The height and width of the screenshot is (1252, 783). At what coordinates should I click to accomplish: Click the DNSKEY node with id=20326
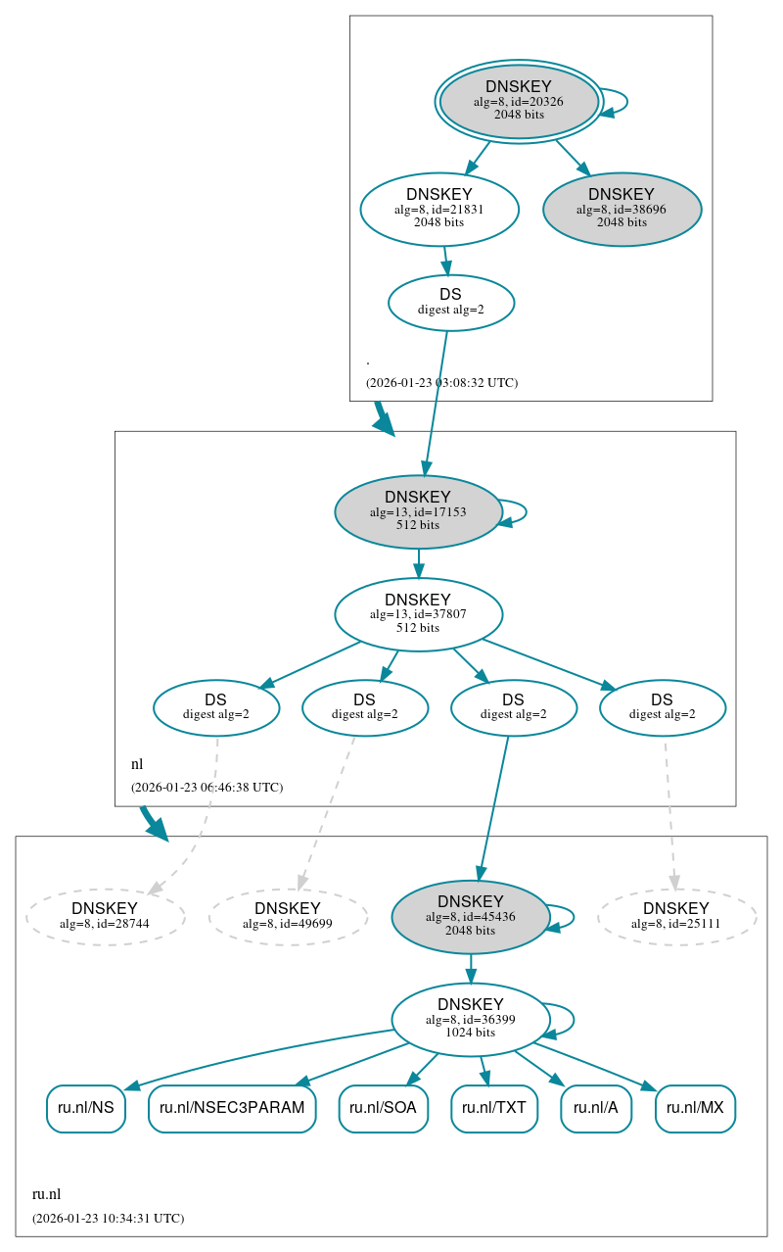pyautogui.click(x=519, y=101)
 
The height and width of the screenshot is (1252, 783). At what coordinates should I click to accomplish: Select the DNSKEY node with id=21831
pyautogui.click(x=439, y=209)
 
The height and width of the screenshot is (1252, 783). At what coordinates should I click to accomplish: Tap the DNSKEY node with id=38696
pyautogui.click(x=622, y=209)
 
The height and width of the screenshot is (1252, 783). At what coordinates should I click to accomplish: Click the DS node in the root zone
pyautogui.click(x=451, y=302)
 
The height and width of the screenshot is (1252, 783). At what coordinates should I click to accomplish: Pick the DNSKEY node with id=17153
pyautogui.click(x=418, y=511)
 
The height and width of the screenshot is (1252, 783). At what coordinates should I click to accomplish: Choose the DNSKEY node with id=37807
pyautogui.click(x=418, y=614)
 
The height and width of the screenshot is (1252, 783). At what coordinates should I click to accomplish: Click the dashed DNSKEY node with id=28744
pyautogui.click(x=105, y=917)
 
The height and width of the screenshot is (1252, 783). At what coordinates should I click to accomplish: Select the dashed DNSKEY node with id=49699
pyautogui.click(x=288, y=917)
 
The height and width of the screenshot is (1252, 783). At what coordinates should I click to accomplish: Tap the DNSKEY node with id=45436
pyautogui.click(x=471, y=917)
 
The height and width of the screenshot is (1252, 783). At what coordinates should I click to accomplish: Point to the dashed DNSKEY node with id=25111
pyautogui.click(x=676, y=917)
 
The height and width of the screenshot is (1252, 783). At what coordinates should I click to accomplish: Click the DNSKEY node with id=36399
pyautogui.click(x=471, y=1019)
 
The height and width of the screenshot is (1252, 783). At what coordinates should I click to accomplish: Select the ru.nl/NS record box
pyautogui.click(x=86, y=1108)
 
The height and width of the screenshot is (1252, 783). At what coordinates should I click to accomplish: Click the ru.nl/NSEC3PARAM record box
pyautogui.click(x=232, y=1108)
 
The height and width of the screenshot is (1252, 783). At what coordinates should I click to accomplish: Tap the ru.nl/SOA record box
pyautogui.click(x=384, y=1108)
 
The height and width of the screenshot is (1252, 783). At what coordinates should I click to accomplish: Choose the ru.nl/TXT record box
pyautogui.click(x=494, y=1108)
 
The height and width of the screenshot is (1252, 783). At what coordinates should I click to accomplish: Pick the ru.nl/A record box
pyautogui.click(x=596, y=1108)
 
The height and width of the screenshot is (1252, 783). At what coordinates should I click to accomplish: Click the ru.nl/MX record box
pyautogui.click(x=695, y=1108)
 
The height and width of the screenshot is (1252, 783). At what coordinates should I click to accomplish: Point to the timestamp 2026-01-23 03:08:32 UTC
pyautogui.click(x=441, y=382)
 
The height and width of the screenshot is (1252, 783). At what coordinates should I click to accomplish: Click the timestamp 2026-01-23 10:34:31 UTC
pyautogui.click(x=108, y=1219)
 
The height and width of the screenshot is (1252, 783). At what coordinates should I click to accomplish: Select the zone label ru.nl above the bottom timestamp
pyautogui.click(x=46, y=1194)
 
